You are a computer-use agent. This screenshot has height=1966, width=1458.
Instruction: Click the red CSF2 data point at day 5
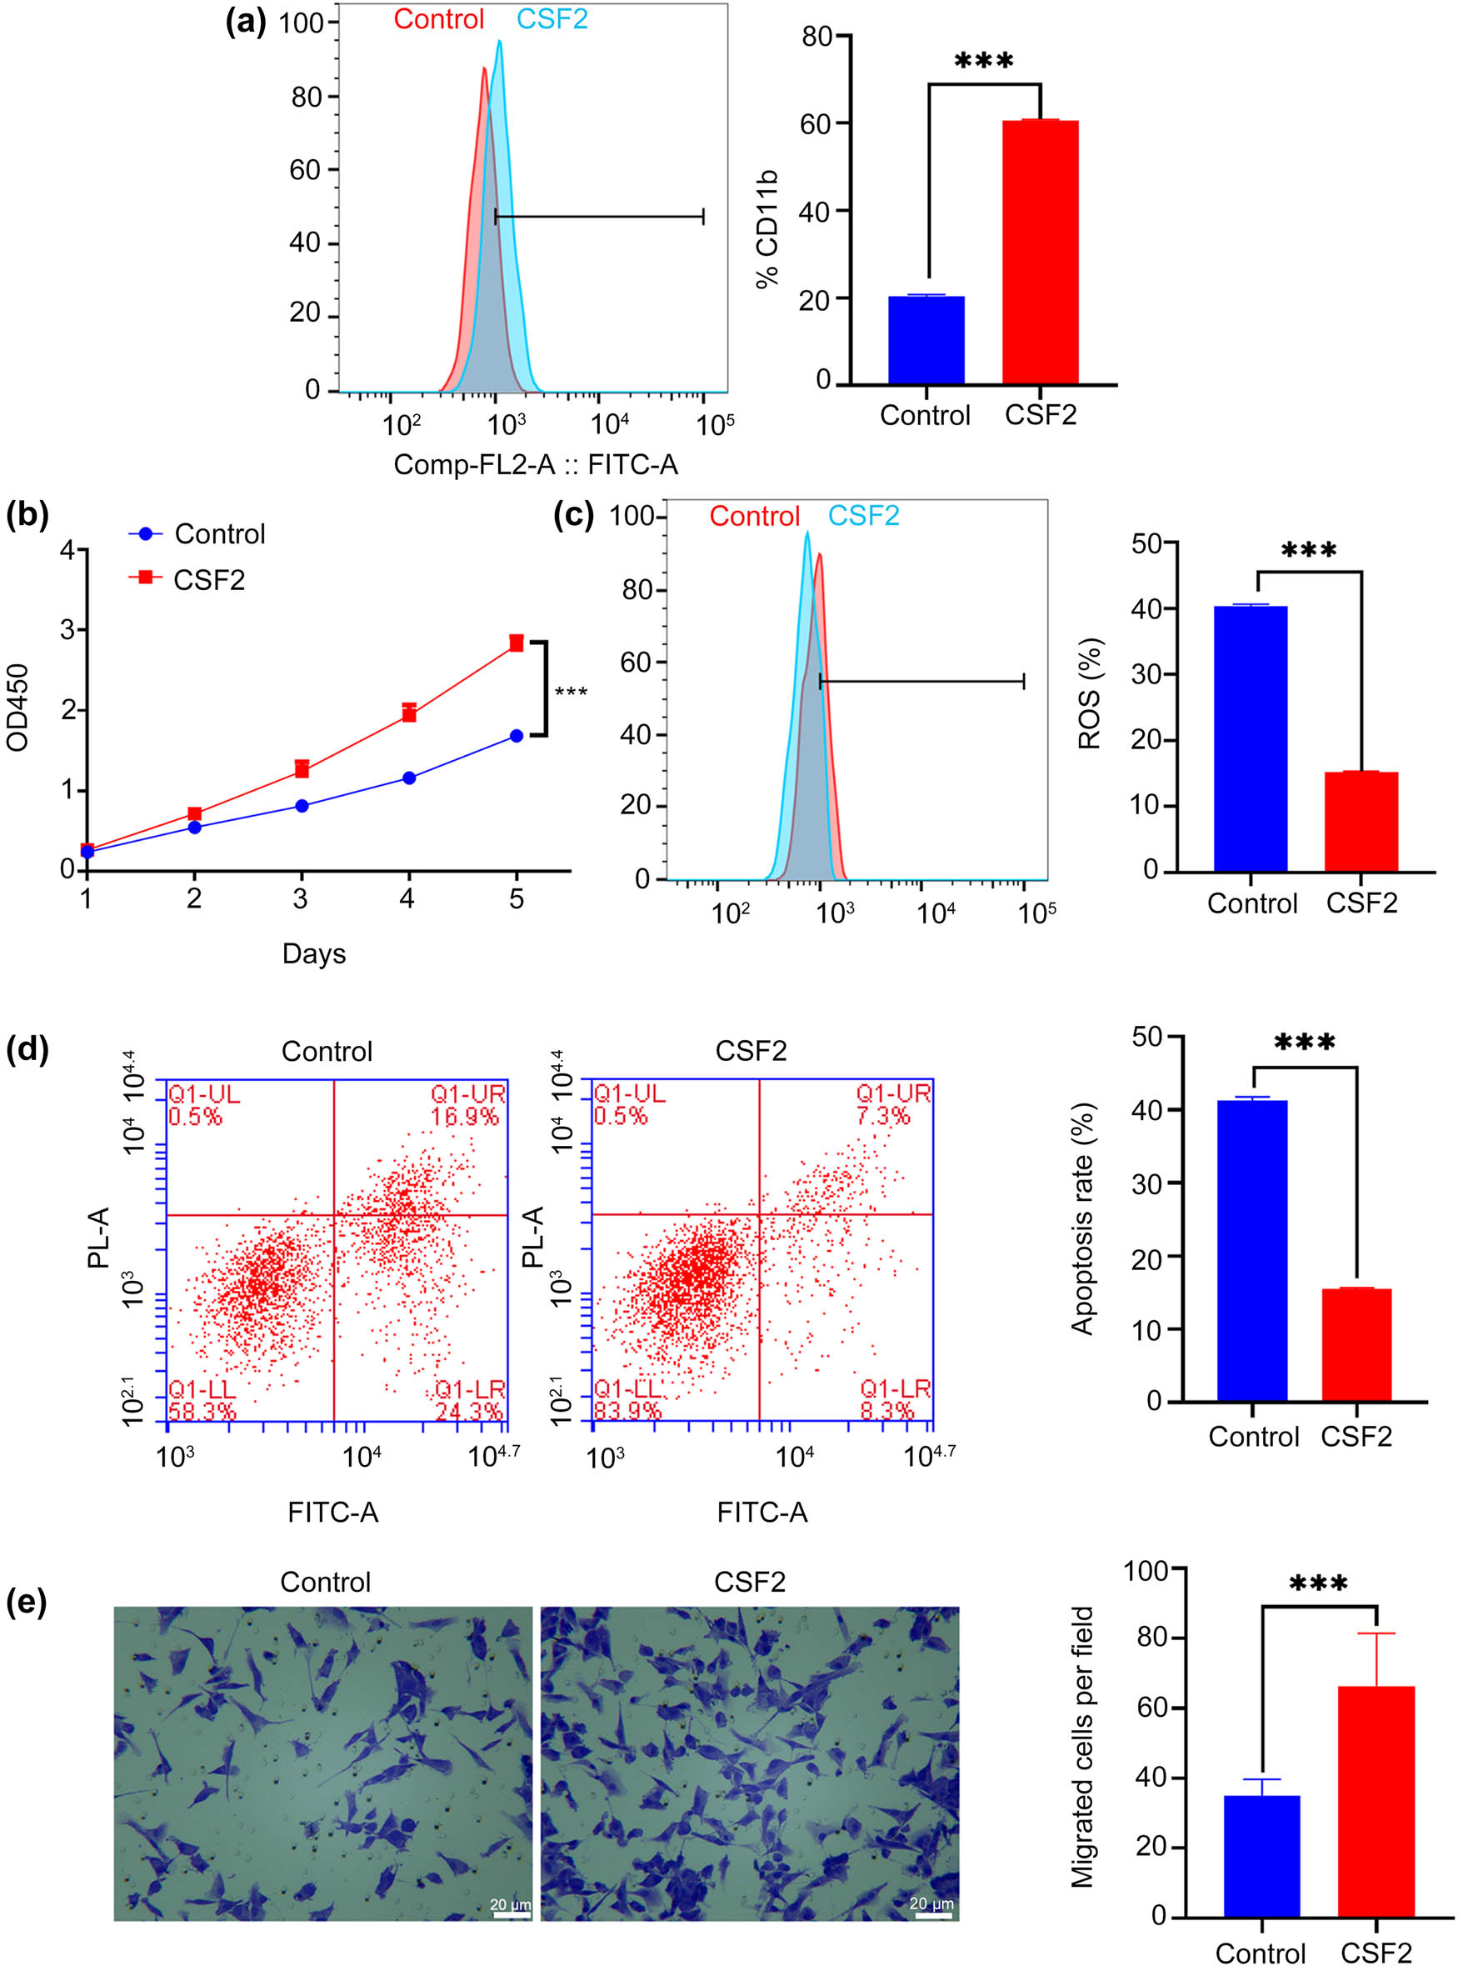pyautogui.click(x=517, y=643)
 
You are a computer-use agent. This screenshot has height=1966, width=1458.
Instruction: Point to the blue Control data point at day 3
pyautogui.click(x=302, y=805)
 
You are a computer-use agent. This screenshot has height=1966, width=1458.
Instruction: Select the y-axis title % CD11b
pyautogui.click(x=768, y=228)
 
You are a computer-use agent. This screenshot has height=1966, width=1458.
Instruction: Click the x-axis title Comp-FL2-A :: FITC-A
pyautogui.click(x=535, y=464)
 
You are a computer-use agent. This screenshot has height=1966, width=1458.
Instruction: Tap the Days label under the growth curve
pyautogui.click(x=313, y=953)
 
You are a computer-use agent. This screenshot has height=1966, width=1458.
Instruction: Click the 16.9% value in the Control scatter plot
pyautogui.click(x=465, y=1117)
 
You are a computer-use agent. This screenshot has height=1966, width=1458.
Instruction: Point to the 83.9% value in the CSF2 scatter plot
pyautogui.click(x=627, y=1411)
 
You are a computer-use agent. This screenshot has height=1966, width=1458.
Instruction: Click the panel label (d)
pyautogui.click(x=27, y=1051)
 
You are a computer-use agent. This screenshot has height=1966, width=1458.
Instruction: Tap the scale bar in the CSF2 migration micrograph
pyautogui.click(x=931, y=1917)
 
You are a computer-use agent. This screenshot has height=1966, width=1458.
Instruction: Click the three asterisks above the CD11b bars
pyautogui.click(x=984, y=62)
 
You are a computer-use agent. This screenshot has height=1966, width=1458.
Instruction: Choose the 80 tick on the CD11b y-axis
pyautogui.click(x=817, y=36)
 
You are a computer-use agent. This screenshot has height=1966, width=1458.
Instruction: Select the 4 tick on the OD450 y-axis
pyautogui.click(x=68, y=550)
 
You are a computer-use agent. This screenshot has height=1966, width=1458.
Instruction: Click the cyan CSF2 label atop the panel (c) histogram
pyautogui.click(x=863, y=516)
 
